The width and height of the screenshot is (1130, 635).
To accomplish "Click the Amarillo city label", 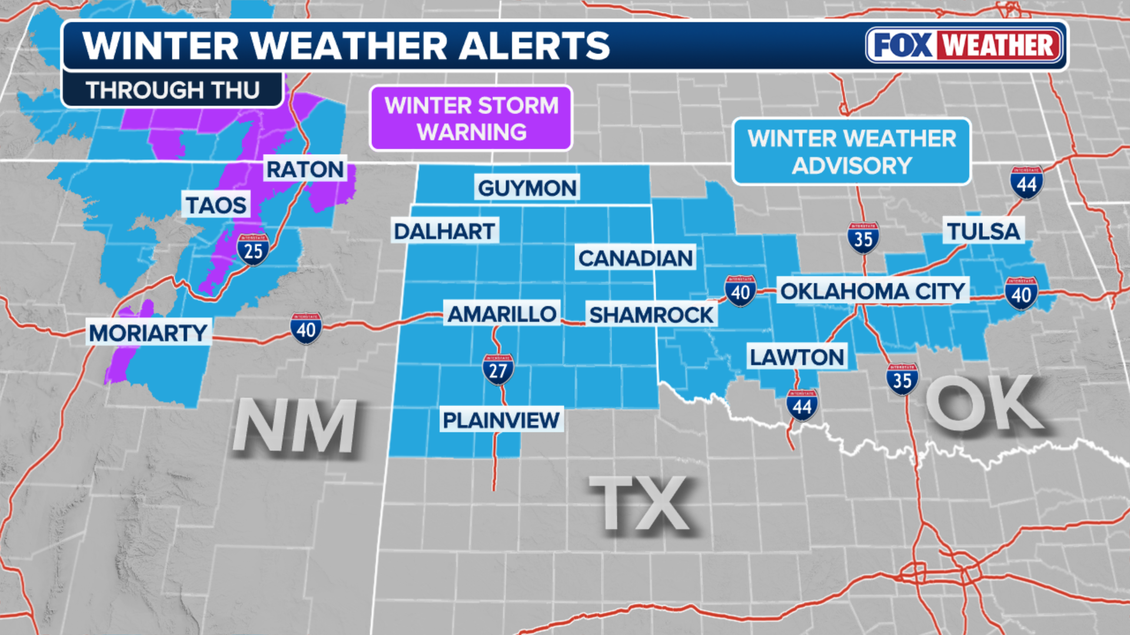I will (x=501, y=314).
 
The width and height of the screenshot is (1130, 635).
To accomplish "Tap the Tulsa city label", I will (x=983, y=231).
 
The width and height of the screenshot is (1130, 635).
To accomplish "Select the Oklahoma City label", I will (x=872, y=291).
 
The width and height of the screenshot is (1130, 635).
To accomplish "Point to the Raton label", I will (x=305, y=169).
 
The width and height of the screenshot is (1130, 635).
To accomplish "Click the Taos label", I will (x=216, y=205).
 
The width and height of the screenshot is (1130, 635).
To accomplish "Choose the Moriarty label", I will (x=148, y=333).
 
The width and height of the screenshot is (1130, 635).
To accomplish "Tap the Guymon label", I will (x=527, y=188).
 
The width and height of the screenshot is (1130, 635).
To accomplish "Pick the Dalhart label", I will (x=444, y=231).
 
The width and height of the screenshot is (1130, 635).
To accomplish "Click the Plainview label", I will (x=501, y=420).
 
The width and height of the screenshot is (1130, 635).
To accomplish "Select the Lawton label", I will (x=797, y=357).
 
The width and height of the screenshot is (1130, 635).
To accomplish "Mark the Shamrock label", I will (x=651, y=315).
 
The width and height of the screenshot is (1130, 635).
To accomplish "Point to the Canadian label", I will (x=635, y=258).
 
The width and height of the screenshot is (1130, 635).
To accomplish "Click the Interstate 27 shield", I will (x=498, y=369).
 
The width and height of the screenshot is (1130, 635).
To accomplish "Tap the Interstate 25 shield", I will (x=253, y=250).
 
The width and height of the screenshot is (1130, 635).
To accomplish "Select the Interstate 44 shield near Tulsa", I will (x=1026, y=183).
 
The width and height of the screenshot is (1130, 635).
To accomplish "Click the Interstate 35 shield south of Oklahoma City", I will (x=902, y=379).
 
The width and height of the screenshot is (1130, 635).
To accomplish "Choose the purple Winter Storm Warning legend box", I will (x=471, y=118).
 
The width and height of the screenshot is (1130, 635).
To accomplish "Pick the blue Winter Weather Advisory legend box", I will (x=851, y=152).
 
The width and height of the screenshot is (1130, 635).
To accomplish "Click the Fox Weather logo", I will (x=964, y=45).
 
